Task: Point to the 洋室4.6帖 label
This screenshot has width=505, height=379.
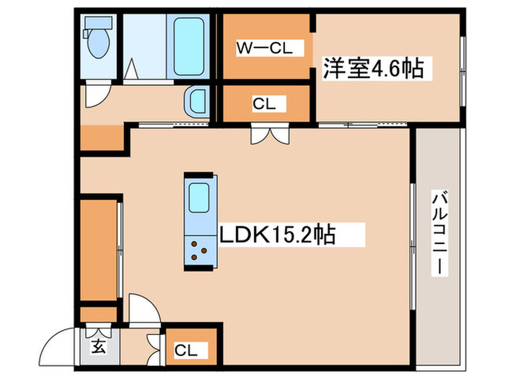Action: click(372, 69)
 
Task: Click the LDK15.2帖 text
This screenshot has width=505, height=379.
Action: click(277, 235)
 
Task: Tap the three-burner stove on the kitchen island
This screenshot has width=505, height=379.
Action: click(199, 252)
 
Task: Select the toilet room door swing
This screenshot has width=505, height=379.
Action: click(96, 94)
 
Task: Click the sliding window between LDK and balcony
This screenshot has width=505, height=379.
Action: click(412, 245)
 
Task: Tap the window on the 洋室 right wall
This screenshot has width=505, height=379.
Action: click(462, 69)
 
